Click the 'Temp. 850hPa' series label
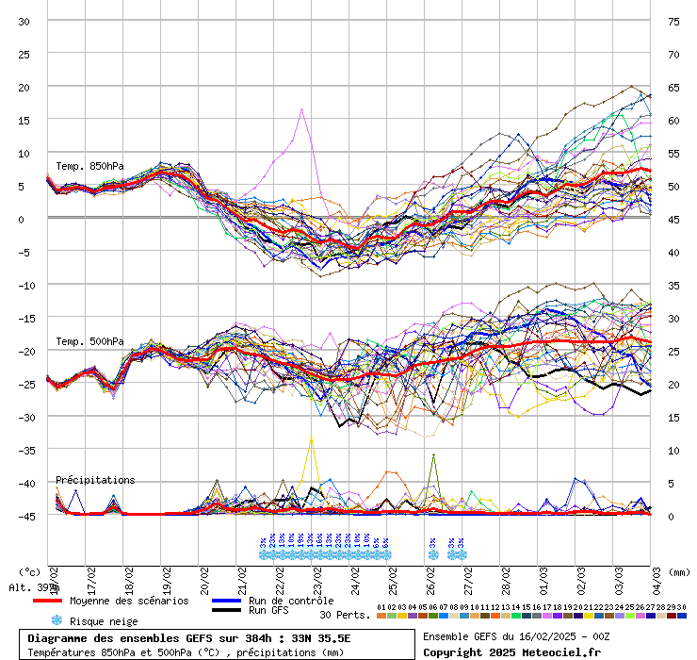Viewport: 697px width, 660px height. (89, 167)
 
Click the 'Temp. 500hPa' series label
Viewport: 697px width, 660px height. (89, 341)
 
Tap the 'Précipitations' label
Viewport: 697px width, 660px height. (95, 480)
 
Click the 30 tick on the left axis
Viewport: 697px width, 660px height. (24, 21)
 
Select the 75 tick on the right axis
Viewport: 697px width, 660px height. (673, 21)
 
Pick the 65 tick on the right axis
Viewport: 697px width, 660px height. (673, 87)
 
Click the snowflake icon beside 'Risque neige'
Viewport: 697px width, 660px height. (57, 620)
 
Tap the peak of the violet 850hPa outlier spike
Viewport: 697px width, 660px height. (301, 109)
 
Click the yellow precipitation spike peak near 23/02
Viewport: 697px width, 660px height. (311, 437)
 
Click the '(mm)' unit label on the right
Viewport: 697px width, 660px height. (680, 571)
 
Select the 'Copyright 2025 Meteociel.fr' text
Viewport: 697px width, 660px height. (512, 652)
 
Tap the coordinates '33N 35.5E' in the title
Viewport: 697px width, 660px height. (320, 638)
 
